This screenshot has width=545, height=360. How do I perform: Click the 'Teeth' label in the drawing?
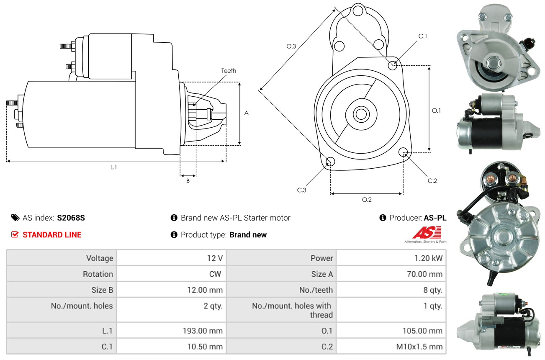[229, 71]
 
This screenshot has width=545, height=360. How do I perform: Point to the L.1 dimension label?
[113, 167]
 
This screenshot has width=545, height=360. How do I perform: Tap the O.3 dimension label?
[291, 46]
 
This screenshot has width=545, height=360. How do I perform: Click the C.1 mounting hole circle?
[393, 65]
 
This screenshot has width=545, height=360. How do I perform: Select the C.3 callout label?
[302, 190]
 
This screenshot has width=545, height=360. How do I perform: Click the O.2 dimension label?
[367, 199]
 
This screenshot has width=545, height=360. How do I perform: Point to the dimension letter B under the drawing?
[188, 181]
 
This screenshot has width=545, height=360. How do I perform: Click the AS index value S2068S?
[71, 218]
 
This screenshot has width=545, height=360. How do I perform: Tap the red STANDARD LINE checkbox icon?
[15, 234]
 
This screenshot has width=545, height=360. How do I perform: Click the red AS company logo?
[427, 232]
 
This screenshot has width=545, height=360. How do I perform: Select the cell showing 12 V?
[215, 258]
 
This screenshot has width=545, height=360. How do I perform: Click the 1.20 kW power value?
[426, 258]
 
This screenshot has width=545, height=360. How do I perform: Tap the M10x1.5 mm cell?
[419, 347]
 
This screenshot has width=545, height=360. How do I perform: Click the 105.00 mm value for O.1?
[422, 331]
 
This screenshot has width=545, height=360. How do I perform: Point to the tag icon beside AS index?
[15, 218]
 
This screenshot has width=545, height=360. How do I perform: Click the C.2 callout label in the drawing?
[432, 181]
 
